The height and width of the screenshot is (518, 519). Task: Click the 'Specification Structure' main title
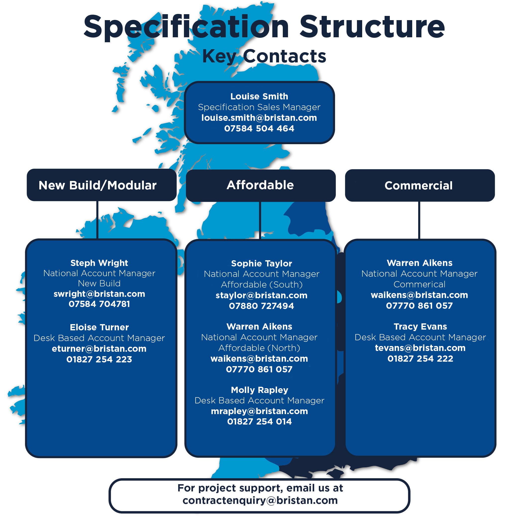(264, 27)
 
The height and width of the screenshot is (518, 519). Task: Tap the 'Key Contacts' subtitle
(264, 56)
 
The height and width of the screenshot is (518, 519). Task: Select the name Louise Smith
(259, 96)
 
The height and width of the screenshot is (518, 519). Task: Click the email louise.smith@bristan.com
(259, 118)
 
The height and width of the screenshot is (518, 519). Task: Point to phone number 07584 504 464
(259, 129)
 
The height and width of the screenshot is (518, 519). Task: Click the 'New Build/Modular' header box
(102, 185)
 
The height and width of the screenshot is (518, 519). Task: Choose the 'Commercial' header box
(420, 185)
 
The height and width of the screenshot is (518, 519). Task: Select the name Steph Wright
(99, 263)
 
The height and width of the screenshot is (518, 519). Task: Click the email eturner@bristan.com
(99, 348)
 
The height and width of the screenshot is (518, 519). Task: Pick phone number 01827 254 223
(99, 359)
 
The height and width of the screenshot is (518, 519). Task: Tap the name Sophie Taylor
(261, 263)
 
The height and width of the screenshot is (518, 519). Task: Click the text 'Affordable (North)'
(259, 348)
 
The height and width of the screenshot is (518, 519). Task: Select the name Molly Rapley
(259, 390)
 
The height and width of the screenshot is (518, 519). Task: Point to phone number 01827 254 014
(259, 421)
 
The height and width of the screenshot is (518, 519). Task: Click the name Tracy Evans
(420, 326)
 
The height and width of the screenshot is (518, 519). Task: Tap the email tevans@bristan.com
(420, 348)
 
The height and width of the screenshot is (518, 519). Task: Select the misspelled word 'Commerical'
(419, 284)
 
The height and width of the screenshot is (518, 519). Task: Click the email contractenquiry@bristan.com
(260, 501)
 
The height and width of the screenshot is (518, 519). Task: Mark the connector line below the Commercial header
(419, 220)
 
